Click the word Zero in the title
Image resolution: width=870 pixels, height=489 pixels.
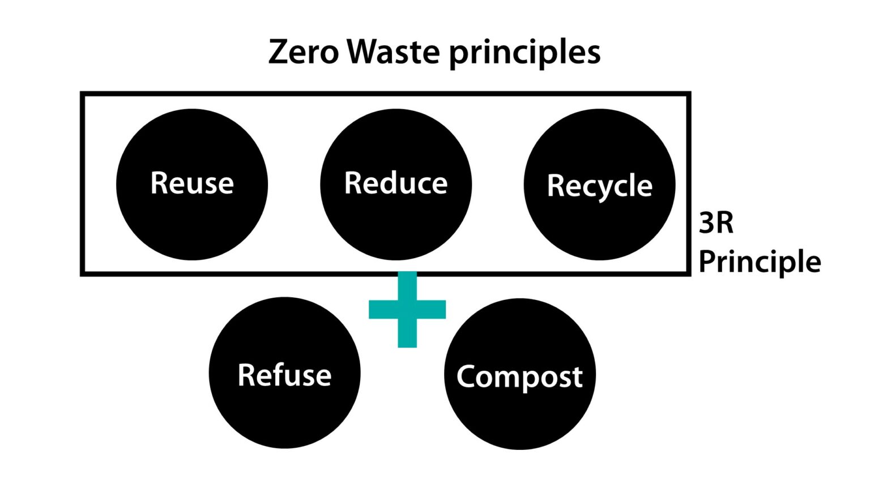303,52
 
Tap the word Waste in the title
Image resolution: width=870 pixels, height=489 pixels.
393,52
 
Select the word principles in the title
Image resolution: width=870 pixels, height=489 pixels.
524,54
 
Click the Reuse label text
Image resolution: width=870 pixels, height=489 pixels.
192,183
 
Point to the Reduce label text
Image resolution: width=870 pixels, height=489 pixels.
396,183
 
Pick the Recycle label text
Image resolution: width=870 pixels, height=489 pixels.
599,186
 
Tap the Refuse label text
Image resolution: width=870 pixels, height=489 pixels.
284,375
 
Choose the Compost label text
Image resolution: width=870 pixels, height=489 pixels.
519,377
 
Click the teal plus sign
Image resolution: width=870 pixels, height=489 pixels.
407,309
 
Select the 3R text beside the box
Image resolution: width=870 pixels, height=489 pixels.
716,223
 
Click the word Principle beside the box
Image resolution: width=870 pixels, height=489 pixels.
759,262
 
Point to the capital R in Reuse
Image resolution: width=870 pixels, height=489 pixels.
159,183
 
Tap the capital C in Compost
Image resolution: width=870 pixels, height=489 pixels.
467,376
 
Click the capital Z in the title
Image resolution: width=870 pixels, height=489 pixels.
279,52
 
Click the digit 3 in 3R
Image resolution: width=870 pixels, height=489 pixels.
707,223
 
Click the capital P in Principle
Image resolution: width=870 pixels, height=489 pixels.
708,261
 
